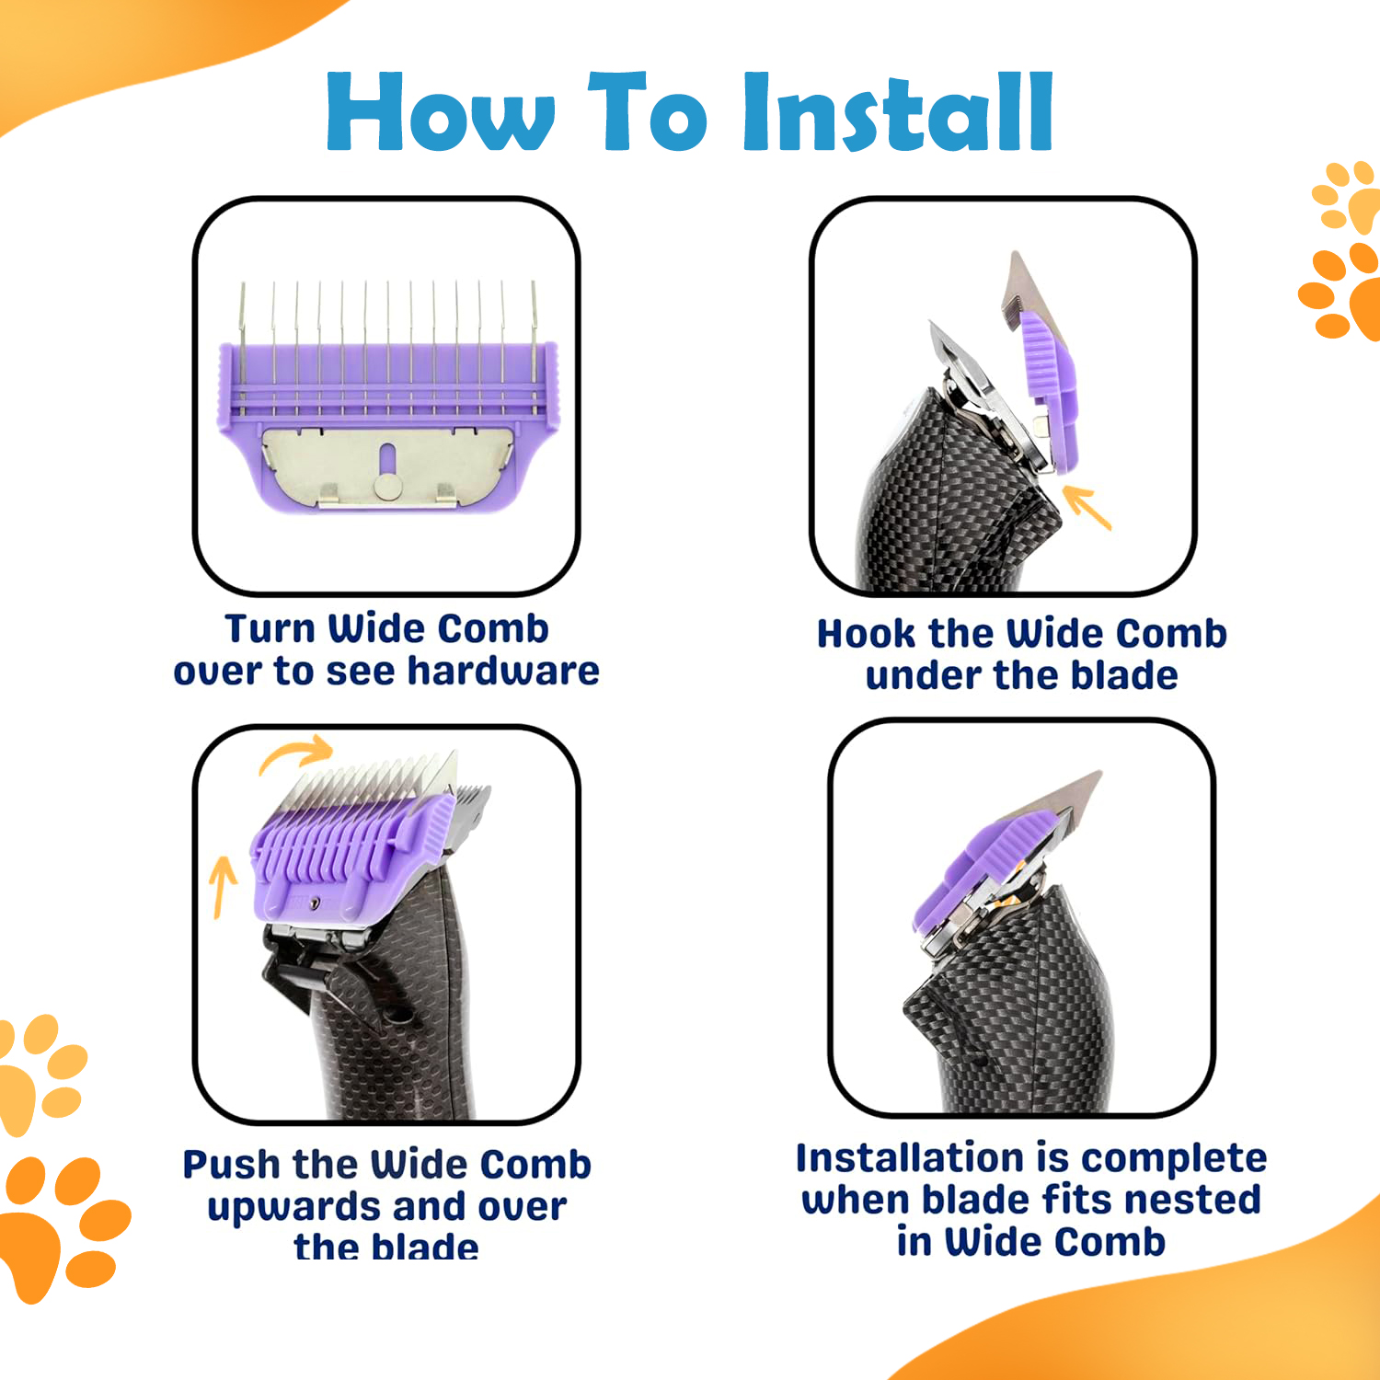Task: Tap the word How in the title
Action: coord(442,111)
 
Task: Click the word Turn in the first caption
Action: coord(270,629)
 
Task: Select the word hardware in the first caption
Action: coord(503,671)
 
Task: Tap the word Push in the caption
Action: coord(231,1165)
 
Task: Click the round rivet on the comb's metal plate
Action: coord(387,485)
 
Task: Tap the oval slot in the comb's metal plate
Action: coord(387,456)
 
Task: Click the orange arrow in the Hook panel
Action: coord(1087,508)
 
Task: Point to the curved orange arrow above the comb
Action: coord(294,753)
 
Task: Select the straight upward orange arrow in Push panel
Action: coord(222,886)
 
